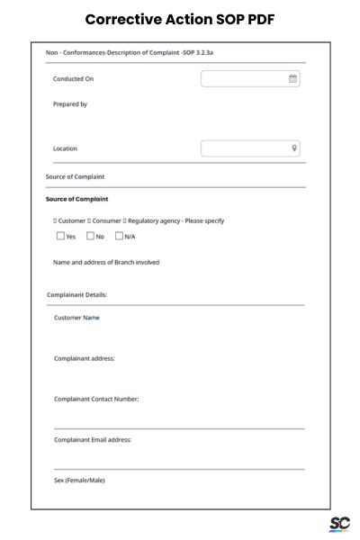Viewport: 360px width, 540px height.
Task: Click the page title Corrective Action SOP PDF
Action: click(180, 19)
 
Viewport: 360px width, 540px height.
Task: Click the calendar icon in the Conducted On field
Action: click(292, 79)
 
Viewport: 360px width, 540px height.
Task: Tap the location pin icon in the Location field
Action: click(294, 148)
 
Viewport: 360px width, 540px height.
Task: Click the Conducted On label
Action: click(74, 79)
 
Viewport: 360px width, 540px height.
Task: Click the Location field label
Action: click(65, 148)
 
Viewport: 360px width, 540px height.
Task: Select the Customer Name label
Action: click(76, 318)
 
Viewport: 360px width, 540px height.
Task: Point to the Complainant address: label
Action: click(85, 358)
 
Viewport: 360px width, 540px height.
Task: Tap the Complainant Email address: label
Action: click(93, 439)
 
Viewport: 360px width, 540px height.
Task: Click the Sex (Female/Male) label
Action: click(79, 480)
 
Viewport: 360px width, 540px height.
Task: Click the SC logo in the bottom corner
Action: click(339, 524)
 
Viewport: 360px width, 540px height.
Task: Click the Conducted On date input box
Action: click(243, 79)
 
